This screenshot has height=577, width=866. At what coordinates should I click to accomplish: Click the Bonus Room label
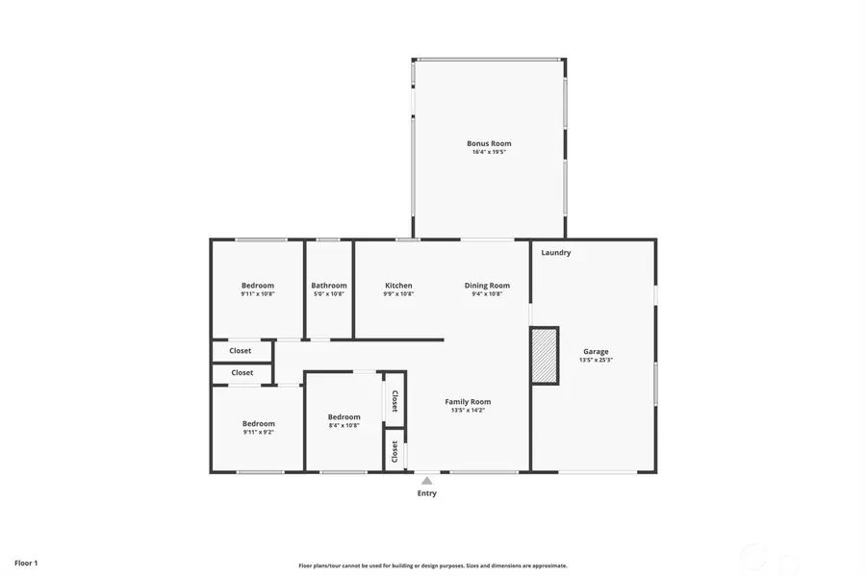point(489,143)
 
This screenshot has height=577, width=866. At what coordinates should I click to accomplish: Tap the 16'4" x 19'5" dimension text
point(489,152)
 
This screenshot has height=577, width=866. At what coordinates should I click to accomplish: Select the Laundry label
point(556,253)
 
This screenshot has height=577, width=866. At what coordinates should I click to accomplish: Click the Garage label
point(596,352)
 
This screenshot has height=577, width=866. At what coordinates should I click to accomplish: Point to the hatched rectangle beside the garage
point(545,356)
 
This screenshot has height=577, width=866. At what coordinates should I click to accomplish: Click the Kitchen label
point(398,286)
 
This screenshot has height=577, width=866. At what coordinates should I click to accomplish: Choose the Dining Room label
point(487,286)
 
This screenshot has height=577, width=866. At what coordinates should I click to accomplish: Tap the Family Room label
point(468,402)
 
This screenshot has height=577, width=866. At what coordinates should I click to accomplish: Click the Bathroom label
point(328,286)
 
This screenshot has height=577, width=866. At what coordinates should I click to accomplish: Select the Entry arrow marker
point(426,481)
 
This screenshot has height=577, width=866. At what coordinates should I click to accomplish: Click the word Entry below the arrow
point(426,493)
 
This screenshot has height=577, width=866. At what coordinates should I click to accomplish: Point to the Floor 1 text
point(26,563)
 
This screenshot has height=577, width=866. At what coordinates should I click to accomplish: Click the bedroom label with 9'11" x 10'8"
point(258,286)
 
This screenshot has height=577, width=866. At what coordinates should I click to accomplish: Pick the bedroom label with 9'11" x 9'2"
point(258,424)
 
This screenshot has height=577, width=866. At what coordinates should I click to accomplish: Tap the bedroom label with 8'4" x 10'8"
point(344,417)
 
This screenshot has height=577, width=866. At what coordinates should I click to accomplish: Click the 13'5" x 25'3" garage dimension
point(596,361)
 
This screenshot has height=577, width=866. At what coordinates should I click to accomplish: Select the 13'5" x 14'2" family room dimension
point(468,411)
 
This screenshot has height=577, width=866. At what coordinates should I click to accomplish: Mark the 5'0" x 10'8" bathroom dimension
point(328,294)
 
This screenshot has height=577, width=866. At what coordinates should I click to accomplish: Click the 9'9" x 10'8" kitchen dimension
point(398,294)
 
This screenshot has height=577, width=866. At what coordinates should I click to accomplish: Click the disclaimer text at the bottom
point(432,565)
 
